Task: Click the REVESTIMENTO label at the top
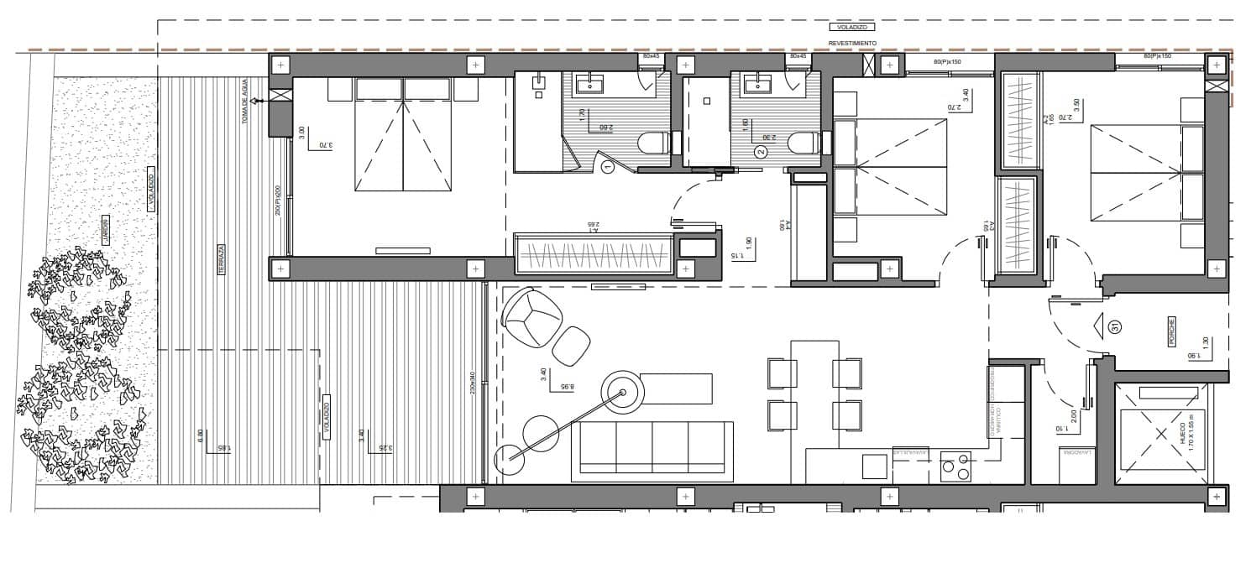[852, 42]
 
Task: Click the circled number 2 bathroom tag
[761, 152]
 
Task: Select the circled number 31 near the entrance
[1114, 326]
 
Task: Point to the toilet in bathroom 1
[653, 143]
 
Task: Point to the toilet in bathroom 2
[803, 143]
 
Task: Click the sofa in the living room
[652, 451]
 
